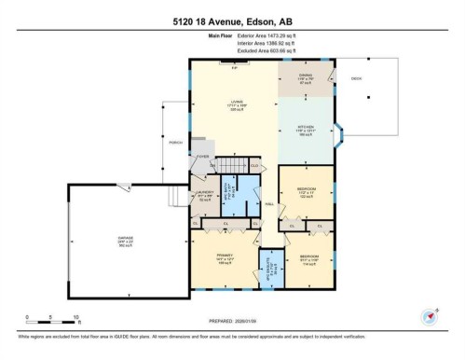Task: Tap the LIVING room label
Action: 237,104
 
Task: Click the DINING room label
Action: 305,77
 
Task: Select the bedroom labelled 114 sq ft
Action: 308,257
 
